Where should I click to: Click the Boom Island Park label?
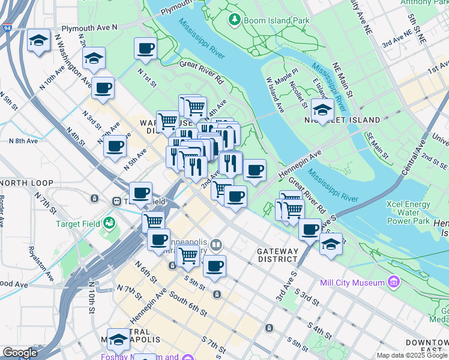point(268,20)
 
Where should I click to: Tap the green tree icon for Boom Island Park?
point(234,20)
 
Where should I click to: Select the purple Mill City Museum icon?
point(394,281)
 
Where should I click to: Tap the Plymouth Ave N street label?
point(90,28)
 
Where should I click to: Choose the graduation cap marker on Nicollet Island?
point(322,110)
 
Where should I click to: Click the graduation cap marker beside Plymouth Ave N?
point(39,41)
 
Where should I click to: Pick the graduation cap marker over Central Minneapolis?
point(119,340)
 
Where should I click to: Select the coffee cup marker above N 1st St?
point(145,48)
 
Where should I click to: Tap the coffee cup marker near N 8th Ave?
point(115,146)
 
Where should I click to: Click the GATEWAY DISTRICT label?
point(277,255)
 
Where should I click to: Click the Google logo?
point(20,353)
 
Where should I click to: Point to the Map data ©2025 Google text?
point(411,355)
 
